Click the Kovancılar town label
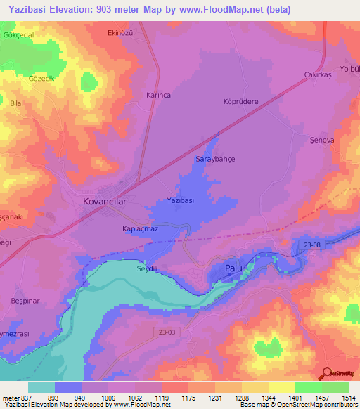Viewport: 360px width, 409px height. pyautogui.click(x=100, y=201)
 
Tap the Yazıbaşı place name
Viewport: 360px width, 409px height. pyautogui.click(x=180, y=201)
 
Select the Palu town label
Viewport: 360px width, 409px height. pyautogui.click(x=233, y=268)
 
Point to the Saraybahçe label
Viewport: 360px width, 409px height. pyautogui.click(x=214, y=160)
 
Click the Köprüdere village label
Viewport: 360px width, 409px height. pyautogui.click(x=241, y=101)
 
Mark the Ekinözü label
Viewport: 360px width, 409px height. pyautogui.click(x=121, y=33)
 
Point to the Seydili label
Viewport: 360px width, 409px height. pyautogui.click(x=148, y=268)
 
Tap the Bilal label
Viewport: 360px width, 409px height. pyautogui.click(x=18, y=103)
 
